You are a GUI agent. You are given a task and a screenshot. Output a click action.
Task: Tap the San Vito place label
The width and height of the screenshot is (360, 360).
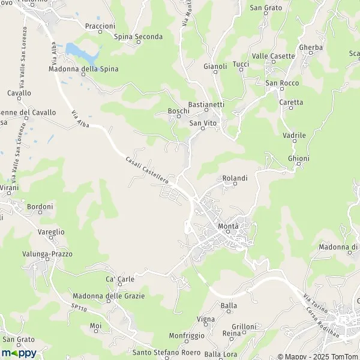coord(203,123)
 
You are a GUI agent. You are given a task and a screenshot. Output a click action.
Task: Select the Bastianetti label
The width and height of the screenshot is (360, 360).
coord(206,104)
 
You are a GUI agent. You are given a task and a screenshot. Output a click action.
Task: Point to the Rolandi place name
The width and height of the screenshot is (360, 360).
coord(235,178)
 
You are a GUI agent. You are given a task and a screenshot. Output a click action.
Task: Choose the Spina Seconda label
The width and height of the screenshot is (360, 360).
coord(138,37)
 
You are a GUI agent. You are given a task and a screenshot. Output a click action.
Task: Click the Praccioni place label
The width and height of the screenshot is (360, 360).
coord(100,26)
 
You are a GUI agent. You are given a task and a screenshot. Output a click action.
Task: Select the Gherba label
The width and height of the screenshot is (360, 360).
coord(311,47)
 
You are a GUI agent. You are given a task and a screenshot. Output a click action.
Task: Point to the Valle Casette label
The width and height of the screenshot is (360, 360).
coord(274,56)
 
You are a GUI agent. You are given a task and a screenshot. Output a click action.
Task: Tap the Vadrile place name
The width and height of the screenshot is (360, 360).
coord(295,136)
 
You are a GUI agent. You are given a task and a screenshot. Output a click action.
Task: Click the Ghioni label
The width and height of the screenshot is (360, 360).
coord(298,158)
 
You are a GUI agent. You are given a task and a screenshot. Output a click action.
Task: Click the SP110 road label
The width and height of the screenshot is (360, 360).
coord(78,307)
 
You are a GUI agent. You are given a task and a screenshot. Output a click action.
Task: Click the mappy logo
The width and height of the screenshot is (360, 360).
coord(19,353)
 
